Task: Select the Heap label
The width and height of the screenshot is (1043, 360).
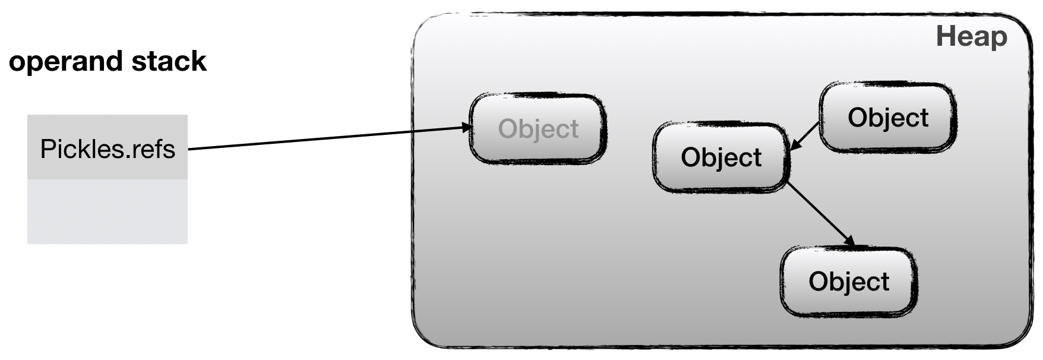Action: click(971, 37)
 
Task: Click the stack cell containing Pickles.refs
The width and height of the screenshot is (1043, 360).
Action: click(108, 148)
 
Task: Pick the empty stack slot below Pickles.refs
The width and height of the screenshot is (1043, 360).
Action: click(108, 211)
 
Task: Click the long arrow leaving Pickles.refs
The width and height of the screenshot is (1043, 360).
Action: click(327, 138)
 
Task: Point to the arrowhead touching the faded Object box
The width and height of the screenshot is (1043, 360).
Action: click(466, 127)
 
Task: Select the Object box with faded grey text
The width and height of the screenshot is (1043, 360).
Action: click(538, 128)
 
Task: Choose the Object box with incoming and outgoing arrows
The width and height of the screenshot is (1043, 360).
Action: click(720, 157)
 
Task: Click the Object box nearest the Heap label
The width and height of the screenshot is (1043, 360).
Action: click(887, 118)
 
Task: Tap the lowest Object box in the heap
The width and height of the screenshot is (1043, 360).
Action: click(848, 281)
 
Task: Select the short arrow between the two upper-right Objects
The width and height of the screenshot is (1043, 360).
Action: click(806, 135)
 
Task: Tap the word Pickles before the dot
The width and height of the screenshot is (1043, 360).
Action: click(74, 149)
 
